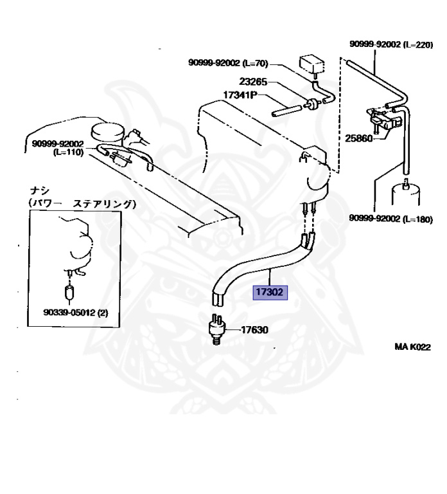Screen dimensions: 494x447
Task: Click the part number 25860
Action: [x=358, y=138]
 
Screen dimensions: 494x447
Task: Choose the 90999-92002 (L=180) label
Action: [x=391, y=218]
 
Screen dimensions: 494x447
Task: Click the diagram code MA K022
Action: [x=412, y=347]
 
